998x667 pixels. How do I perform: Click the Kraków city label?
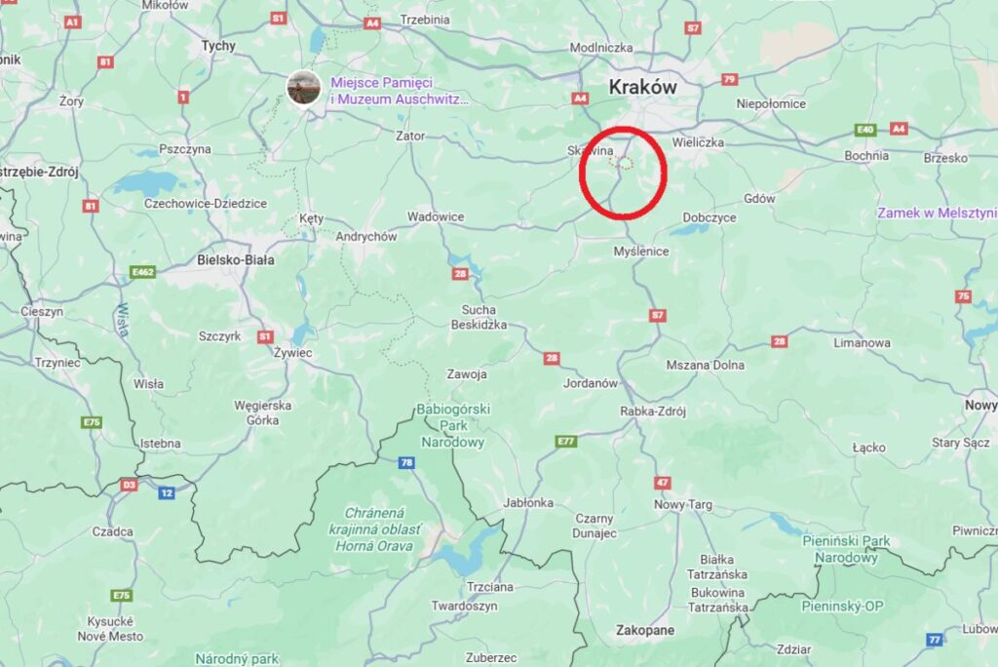click(642, 87)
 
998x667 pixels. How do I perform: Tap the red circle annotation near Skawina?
click(623, 172)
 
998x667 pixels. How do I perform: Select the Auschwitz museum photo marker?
click(303, 88)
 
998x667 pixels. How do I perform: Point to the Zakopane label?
click(644, 630)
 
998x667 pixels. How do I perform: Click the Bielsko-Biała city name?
click(236, 260)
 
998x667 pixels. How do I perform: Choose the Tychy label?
click(218, 46)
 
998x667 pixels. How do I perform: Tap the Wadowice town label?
click(436, 216)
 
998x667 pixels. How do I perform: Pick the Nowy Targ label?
click(683, 504)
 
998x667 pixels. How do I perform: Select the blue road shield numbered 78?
click(406, 461)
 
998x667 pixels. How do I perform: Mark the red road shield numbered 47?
click(663, 483)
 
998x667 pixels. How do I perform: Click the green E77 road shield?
click(566, 442)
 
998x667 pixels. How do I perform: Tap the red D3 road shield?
click(129, 485)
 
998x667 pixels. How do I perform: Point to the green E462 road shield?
click(142, 272)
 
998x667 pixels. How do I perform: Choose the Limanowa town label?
click(863, 343)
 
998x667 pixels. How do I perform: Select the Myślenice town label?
click(641, 252)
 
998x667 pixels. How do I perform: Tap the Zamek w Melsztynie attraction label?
click(937, 213)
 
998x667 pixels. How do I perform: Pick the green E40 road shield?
click(864, 129)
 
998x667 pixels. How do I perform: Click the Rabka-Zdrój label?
click(653, 411)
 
